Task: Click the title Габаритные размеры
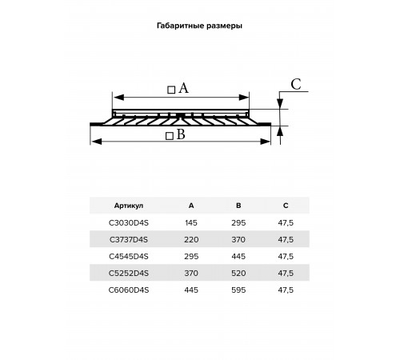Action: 199,26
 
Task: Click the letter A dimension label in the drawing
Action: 183,88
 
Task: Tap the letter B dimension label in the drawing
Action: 181,134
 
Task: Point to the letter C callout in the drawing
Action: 296,84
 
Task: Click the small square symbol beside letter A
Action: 171,90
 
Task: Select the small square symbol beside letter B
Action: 170,136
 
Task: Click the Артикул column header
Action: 129,206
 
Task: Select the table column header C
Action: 286,206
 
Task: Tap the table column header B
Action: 238,206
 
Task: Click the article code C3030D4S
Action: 129,222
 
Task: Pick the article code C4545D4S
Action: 129,256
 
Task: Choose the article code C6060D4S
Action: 129,290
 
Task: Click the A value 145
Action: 191,222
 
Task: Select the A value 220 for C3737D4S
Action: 191,239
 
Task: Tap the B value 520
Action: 238,273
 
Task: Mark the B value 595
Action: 238,290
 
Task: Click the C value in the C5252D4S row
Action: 286,273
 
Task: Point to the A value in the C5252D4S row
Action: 191,273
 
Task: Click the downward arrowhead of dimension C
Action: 280,104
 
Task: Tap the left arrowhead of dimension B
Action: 96,142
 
